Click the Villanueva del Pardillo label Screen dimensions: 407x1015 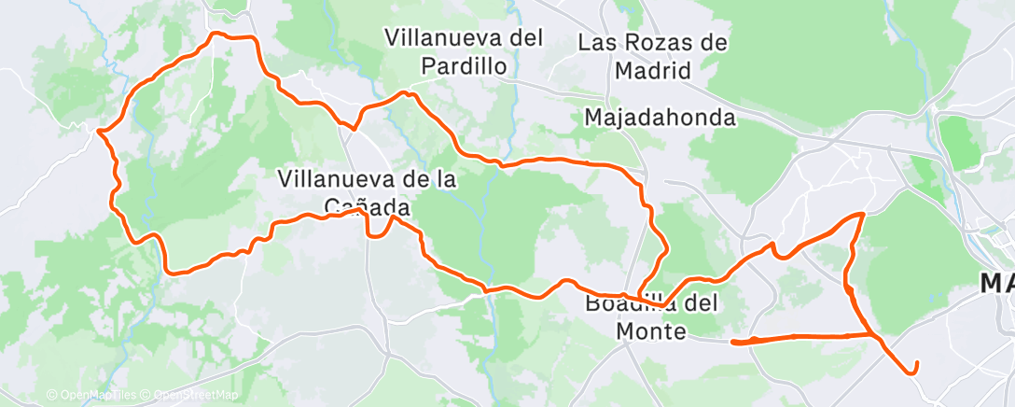[x=464, y=52]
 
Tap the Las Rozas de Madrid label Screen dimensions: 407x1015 [x=652, y=56]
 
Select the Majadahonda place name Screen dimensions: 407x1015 [x=660, y=118]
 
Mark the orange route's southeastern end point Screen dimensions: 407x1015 [x=917, y=363]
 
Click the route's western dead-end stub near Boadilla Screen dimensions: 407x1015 [x=734, y=342]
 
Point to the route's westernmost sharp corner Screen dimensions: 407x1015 [x=98, y=132]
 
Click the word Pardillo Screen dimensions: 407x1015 [x=464, y=66]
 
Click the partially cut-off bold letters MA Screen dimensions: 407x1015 [x=997, y=283]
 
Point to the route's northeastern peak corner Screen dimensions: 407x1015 [x=862, y=215]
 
